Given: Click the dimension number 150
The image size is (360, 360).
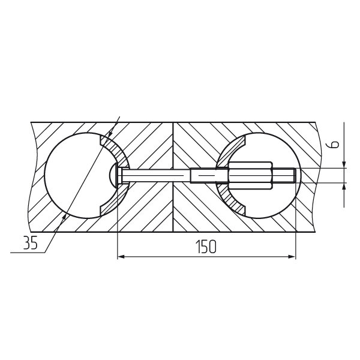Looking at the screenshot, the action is (206, 247).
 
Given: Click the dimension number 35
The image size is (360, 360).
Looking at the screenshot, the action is (30, 242).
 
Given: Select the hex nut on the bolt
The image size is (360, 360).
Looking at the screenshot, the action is (250, 175).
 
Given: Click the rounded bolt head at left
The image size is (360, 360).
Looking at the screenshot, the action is (113, 175).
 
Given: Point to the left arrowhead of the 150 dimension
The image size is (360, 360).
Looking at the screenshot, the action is (121, 256).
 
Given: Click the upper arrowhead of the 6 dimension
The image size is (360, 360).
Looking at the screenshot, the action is (344, 164).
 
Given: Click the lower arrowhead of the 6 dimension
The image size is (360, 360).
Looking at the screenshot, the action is (344, 187).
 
